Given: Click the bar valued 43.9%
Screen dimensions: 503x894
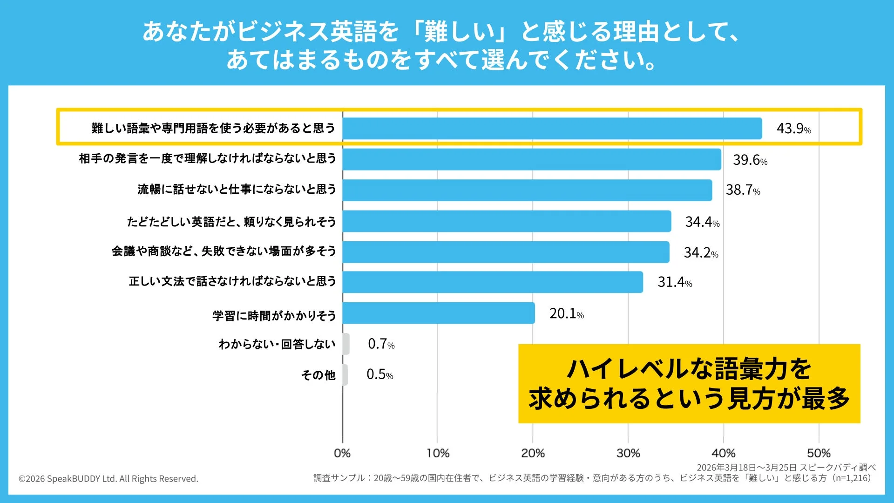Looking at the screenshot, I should tap(552, 128).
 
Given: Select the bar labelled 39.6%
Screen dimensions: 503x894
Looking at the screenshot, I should tap(531, 159).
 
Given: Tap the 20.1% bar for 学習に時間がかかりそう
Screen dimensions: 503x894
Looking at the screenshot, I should tap(438, 313).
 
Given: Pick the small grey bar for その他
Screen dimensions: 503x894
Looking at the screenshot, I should tap(345, 374).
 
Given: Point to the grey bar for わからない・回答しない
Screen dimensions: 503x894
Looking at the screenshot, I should tap(346, 344).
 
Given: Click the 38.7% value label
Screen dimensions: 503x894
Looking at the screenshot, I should tap(743, 190).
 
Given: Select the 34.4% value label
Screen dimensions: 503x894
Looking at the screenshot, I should tap(702, 222).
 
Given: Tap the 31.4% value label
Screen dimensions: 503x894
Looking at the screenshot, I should tap(675, 282).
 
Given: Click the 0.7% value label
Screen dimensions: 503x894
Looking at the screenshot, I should tap(381, 344).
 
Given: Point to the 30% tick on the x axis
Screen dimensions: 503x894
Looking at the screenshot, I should tap(628, 453).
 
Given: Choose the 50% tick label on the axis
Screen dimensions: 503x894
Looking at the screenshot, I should tap(819, 453).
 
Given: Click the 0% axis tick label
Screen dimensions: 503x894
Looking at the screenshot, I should tap(342, 453).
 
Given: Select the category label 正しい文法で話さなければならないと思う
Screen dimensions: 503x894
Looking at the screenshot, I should tap(232, 281).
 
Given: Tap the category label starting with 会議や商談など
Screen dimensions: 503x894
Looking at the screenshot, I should tap(223, 251).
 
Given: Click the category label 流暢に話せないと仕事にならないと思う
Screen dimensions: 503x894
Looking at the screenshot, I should tap(237, 189).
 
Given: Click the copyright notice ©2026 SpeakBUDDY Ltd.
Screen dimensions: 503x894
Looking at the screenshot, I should tap(108, 479).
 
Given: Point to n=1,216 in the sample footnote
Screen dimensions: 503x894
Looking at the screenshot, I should tap(852, 478).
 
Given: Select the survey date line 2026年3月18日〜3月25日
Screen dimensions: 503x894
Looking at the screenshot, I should tap(747, 468).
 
